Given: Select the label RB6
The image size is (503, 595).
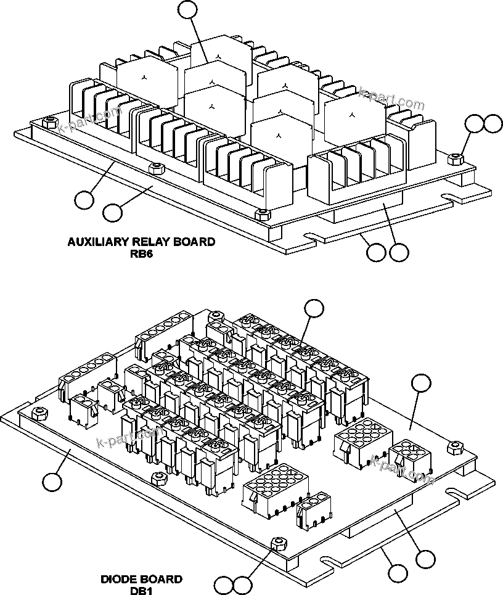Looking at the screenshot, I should tap(141, 252).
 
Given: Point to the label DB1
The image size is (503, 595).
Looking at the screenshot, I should tap(141, 590).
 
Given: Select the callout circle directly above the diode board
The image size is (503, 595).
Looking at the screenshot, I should tap(314, 308).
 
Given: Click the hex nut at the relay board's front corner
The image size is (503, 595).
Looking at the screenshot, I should tap(262, 213).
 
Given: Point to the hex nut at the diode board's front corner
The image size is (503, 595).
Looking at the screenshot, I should tap(280, 543).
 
